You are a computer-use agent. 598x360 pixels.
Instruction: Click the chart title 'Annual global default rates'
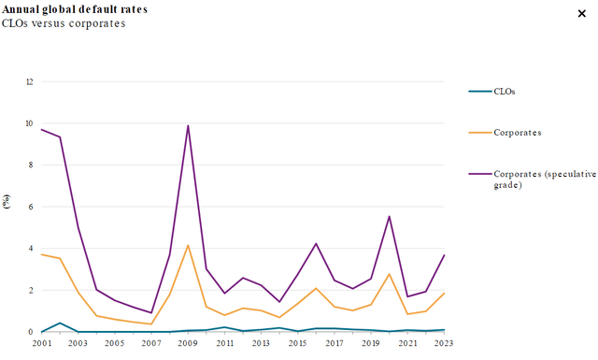point(75,8)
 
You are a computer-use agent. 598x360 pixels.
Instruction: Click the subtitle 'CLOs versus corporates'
point(64,23)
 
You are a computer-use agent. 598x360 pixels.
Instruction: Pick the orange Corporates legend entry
point(514,133)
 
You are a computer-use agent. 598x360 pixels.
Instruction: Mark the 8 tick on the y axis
point(30,165)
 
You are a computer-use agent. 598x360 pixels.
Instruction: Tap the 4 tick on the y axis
point(30,249)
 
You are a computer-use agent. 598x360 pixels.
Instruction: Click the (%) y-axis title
point(7,201)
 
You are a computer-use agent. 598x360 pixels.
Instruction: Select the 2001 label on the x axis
point(41,344)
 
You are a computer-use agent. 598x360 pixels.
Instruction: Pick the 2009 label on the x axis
point(188,344)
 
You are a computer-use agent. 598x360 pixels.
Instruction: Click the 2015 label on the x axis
point(298,344)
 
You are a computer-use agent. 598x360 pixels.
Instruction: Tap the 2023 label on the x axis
point(444,344)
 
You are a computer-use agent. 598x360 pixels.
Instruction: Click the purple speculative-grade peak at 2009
point(188,125)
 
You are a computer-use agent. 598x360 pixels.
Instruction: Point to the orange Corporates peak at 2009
point(188,245)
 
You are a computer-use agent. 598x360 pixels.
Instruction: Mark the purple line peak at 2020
point(389,216)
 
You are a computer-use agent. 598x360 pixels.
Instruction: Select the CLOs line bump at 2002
point(59,323)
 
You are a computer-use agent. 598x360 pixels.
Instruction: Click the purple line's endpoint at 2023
point(444,254)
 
